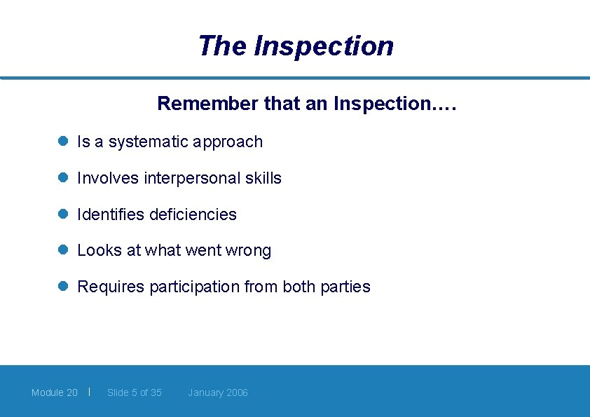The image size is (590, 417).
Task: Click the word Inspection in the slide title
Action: tap(323, 46)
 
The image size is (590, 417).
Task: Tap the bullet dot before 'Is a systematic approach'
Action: tap(62, 141)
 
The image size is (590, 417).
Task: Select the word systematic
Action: tap(149, 142)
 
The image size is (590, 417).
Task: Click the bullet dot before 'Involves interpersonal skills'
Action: tap(62, 177)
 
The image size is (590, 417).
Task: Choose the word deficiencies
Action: tap(193, 214)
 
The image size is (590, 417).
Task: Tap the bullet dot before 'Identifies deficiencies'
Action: tap(62, 214)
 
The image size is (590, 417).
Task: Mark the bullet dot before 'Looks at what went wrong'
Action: tap(62, 249)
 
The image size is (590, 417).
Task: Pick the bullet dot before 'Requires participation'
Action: tap(62, 286)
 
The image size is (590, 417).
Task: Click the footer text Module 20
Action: tap(55, 392)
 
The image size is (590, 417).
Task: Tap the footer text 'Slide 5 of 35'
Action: tap(135, 392)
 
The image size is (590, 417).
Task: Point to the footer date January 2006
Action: tap(218, 392)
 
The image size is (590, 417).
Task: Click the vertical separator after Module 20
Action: tap(90, 391)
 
